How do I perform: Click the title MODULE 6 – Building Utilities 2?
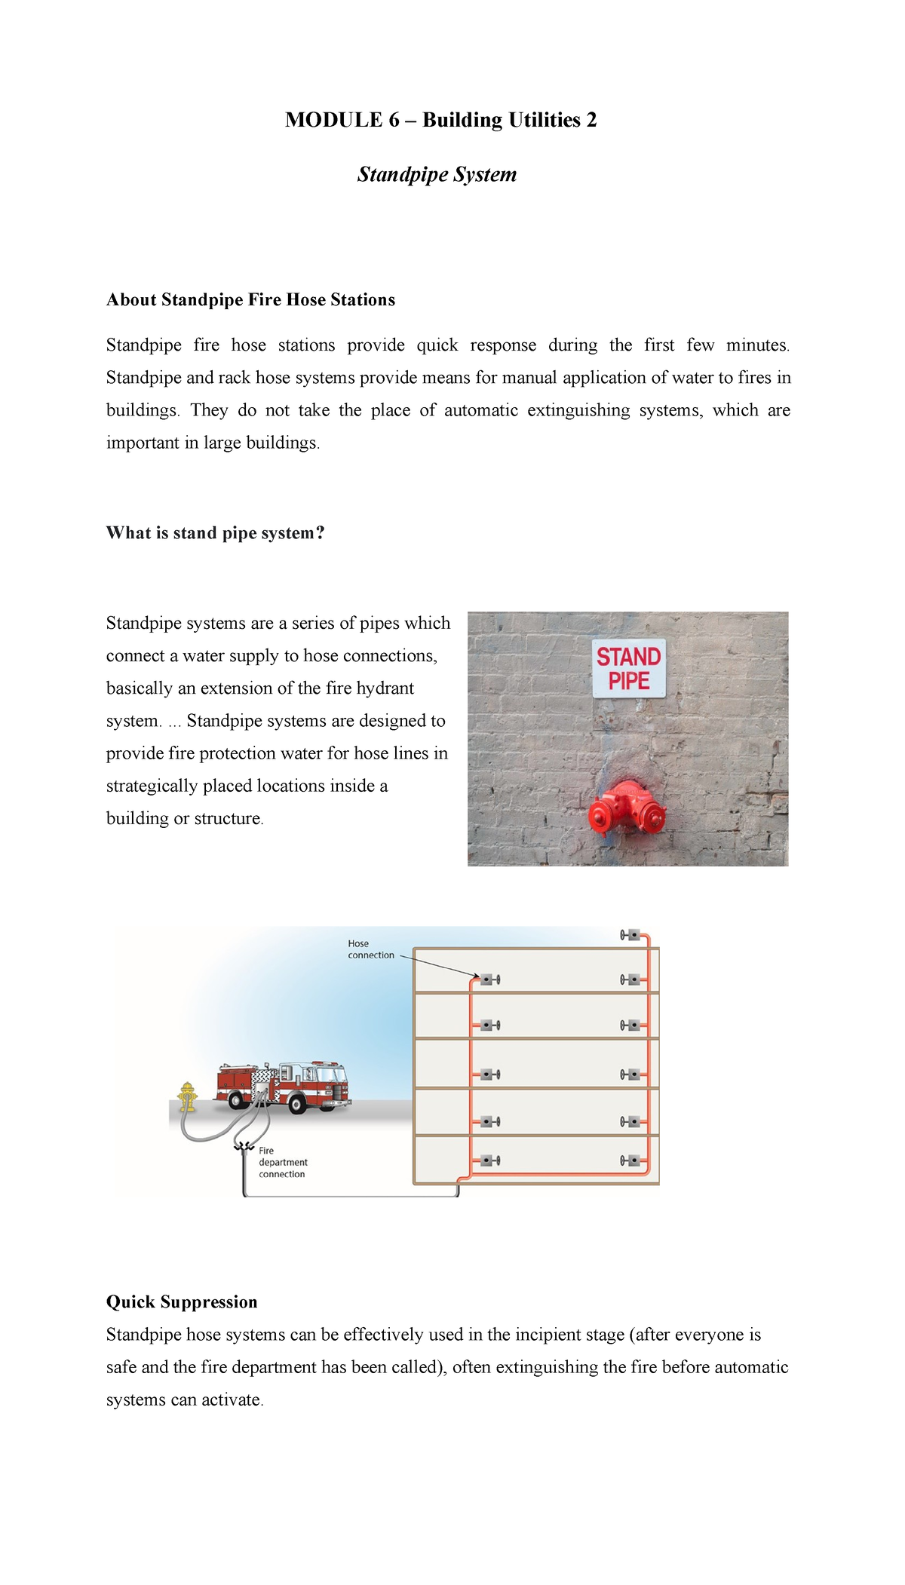(440, 120)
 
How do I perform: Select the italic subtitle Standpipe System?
(437, 174)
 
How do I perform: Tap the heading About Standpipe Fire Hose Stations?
(250, 299)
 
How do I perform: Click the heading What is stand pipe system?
(215, 532)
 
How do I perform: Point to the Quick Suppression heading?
(182, 1301)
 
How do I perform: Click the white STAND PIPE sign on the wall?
(628, 668)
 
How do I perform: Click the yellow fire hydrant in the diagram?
(187, 1097)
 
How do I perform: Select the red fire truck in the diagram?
(283, 1086)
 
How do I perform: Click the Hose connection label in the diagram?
(370, 949)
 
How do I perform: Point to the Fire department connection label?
(282, 1162)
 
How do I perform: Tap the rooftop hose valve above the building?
(630, 935)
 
